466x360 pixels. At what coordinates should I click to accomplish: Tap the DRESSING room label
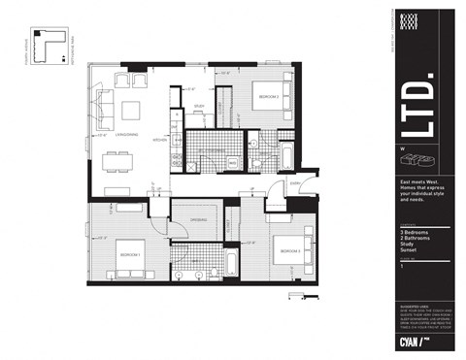(197, 220)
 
